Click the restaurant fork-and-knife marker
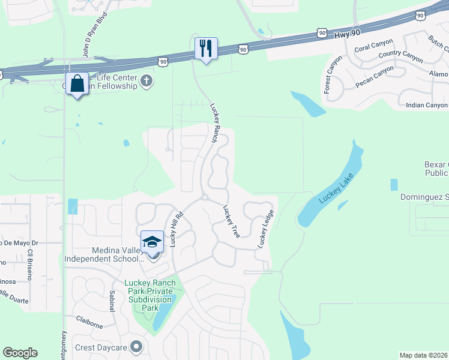(206, 48)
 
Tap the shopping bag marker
(77, 83)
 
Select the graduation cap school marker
(152, 242)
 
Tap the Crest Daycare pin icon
(137, 347)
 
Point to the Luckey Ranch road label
(215, 123)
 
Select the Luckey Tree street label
(231, 221)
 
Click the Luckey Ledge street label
(266, 229)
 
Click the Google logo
(20, 353)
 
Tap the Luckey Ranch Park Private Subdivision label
(150, 295)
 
